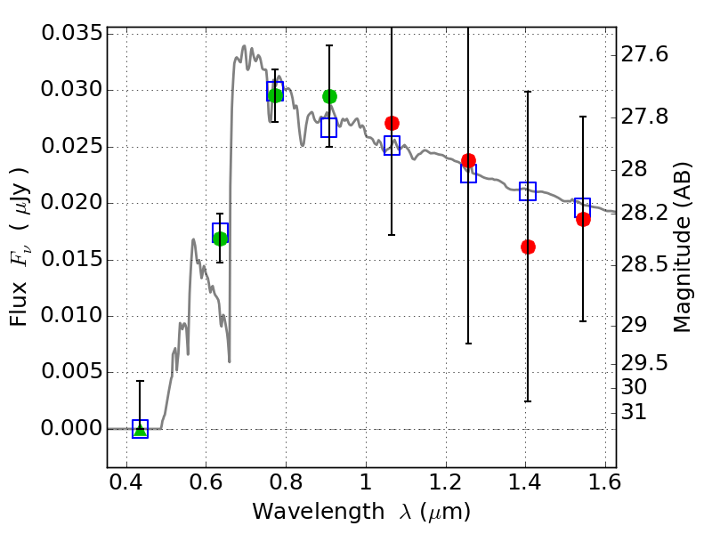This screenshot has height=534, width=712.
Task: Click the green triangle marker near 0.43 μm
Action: point(140,429)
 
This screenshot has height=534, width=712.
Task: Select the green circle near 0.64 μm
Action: point(221,238)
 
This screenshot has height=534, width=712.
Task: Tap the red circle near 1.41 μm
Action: point(528,247)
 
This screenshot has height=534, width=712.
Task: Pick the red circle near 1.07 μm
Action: point(392,123)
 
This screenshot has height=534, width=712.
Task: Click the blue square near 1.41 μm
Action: point(528,190)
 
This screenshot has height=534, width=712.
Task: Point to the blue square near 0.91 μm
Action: point(329,127)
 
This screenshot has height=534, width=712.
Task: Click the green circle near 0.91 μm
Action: point(329,96)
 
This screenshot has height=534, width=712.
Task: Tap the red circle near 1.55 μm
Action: point(583,219)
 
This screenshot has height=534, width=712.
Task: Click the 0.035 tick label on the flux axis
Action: point(71,34)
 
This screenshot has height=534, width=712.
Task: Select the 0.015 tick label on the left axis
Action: point(71,260)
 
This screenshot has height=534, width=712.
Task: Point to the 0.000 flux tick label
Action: point(71,429)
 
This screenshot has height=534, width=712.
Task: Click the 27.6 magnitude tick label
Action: point(647,55)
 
